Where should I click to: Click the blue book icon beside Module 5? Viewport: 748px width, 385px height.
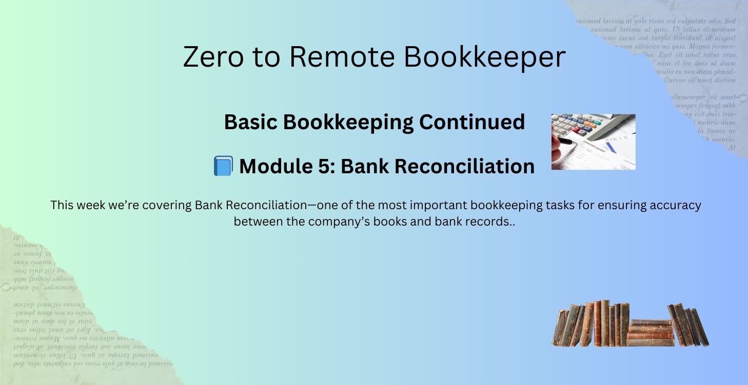[x=223, y=166]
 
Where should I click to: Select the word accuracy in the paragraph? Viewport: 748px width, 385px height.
[x=675, y=206]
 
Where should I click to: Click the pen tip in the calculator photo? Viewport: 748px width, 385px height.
[x=573, y=144]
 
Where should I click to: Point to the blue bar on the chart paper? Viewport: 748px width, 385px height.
[x=612, y=149]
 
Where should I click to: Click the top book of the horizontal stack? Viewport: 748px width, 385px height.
[x=651, y=322]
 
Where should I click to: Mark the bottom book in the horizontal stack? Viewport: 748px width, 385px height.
[x=650, y=342]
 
